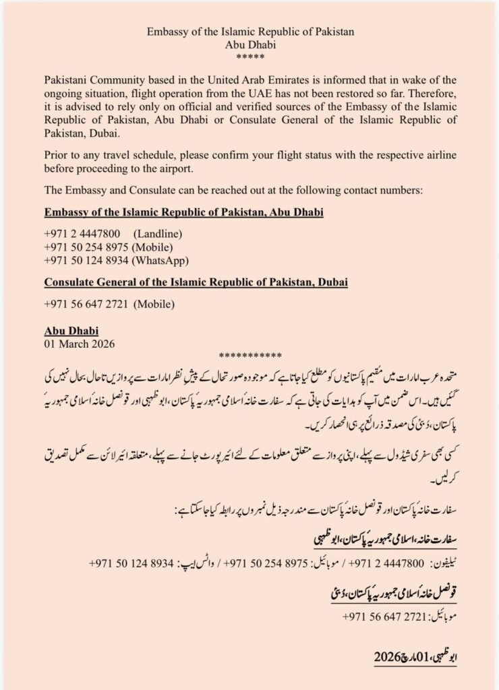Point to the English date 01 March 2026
tap(80, 342)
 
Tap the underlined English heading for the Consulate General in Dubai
tap(196, 282)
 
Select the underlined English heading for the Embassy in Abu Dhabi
tap(183, 212)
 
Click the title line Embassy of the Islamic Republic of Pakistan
tap(249, 32)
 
